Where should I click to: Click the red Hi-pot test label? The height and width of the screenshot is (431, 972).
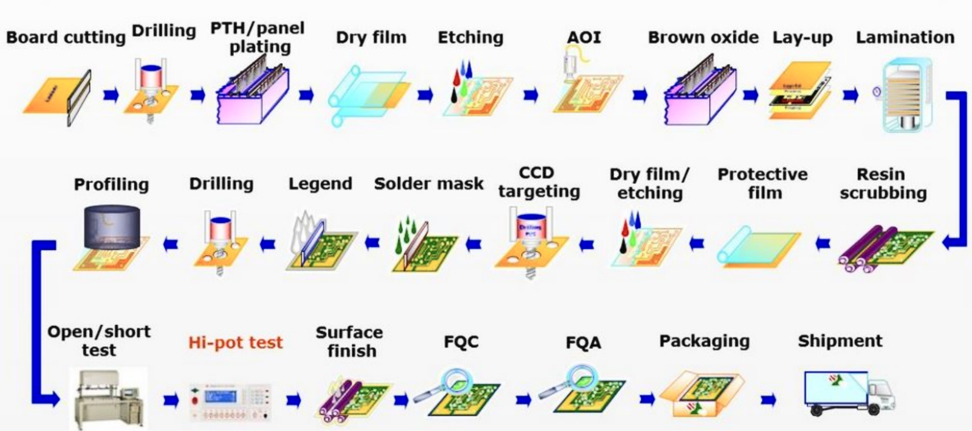click(236, 342)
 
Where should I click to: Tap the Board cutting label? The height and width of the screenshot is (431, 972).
click(66, 37)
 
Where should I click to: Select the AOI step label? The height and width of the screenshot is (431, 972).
click(584, 37)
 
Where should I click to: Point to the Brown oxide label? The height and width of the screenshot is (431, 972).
click(703, 37)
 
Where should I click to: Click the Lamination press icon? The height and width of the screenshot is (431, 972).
click(905, 95)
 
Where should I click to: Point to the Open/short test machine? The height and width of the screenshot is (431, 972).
click(109, 398)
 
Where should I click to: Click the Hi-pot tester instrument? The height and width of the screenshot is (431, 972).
click(231, 402)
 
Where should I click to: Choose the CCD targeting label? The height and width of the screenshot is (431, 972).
click(538, 182)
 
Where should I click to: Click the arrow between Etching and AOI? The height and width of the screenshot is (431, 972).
click(530, 95)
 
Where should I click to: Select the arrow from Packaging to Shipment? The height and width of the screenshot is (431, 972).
click(768, 399)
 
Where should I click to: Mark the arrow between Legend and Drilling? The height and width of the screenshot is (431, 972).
click(267, 244)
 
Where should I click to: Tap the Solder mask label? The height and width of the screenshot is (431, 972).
click(429, 184)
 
